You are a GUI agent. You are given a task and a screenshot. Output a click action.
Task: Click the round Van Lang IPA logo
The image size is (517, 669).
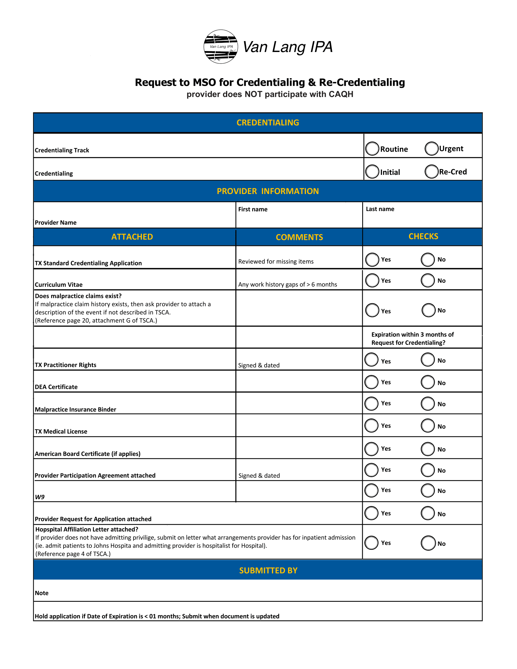click(221, 47)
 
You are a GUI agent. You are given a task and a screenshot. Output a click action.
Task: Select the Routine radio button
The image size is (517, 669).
click(372, 149)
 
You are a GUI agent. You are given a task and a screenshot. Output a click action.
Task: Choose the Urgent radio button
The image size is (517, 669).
click(431, 148)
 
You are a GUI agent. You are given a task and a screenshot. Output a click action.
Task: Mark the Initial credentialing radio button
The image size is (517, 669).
click(372, 172)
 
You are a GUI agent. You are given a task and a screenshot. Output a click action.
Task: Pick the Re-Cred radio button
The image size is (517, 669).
click(431, 172)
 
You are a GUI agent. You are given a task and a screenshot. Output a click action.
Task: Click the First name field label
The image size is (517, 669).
click(253, 209)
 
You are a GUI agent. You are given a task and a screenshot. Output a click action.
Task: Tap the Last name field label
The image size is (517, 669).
click(380, 209)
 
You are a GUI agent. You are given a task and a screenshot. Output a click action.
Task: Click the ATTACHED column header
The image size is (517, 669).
click(132, 237)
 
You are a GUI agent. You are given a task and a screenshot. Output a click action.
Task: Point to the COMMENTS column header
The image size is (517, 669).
click(299, 237)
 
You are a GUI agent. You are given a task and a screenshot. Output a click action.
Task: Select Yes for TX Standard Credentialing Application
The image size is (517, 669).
click(372, 259)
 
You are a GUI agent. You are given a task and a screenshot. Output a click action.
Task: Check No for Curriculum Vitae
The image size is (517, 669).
click(428, 280)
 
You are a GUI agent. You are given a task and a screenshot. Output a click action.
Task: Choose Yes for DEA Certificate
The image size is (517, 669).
click(372, 382)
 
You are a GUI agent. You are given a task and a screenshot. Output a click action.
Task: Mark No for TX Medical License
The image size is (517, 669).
click(428, 426)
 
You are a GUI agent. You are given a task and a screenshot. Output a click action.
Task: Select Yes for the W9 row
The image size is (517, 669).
click(372, 490)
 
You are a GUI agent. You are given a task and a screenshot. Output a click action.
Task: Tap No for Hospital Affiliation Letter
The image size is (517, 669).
click(428, 543)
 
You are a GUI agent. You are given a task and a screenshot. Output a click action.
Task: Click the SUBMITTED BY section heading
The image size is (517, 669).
click(268, 570)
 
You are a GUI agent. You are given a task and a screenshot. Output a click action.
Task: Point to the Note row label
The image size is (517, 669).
click(42, 593)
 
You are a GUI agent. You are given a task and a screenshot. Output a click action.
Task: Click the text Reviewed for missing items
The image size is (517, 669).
click(276, 261)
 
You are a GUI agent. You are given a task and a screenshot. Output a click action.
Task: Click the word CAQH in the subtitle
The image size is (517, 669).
click(341, 94)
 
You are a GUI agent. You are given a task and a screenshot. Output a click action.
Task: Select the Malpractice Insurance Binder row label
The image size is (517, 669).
click(75, 409)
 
